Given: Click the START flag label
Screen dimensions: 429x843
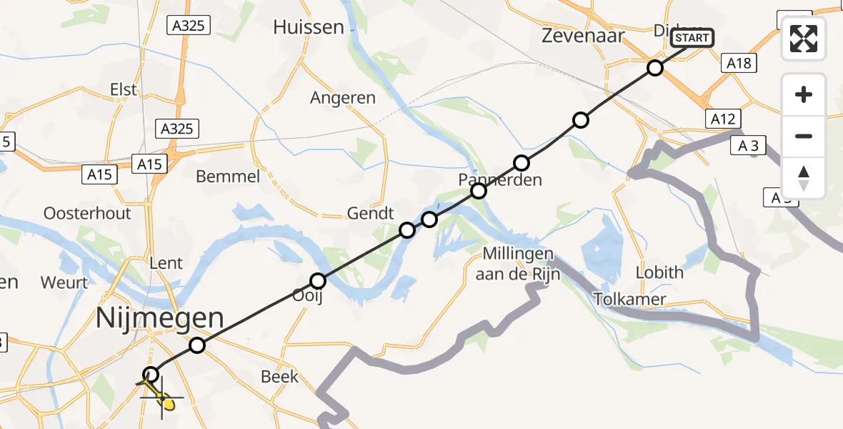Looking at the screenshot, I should click(x=692, y=37).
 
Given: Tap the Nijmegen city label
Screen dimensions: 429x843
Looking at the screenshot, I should click(x=160, y=318).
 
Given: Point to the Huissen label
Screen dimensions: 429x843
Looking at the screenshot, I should click(x=309, y=27).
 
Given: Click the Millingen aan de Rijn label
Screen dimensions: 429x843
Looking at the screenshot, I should click(x=519, y=263).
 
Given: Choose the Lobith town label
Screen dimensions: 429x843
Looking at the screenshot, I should click(x=659, y=272).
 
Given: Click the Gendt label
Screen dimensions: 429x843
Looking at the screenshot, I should click(x=370, y=213).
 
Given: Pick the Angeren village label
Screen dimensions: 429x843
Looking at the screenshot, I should click(x=343, y=98).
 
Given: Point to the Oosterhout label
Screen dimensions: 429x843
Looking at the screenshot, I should click(x=88, y=213).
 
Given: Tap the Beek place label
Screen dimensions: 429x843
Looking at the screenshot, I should click(x=280, y=376).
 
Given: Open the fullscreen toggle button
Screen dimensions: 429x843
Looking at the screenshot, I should click(x=804, y=39).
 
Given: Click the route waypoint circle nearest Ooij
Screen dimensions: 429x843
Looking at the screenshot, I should click(x=318, y=281).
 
